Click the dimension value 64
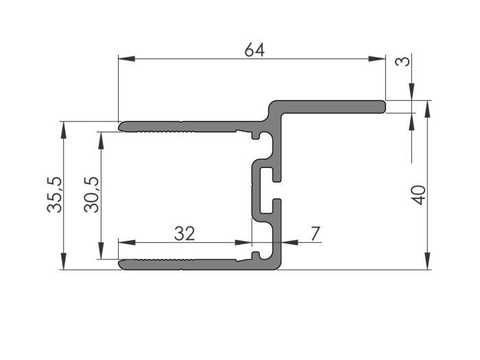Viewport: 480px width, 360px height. click(x=254, y=50)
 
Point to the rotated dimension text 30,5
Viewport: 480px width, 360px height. click(x=92, y=195)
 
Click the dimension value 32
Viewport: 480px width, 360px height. click(x=184, y=233)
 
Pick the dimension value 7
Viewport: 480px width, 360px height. click(x=315, y=233)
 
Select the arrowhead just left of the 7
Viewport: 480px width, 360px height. click(x=288, y=242)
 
